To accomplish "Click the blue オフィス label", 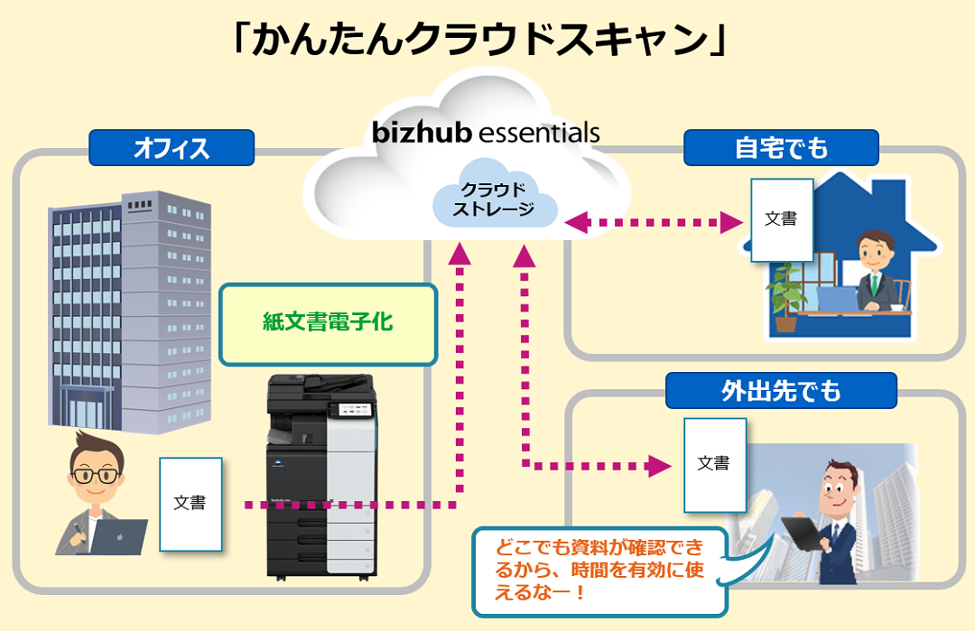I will [171, 148].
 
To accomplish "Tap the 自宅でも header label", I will [781, 148].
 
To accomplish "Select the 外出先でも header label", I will [781, 391].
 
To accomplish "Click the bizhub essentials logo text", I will [486, 133].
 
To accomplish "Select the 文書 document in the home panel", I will [781, 219].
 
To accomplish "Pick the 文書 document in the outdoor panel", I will [714, 464].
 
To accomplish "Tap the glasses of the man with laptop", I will [96, 474].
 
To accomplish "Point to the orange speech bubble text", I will [599, 568].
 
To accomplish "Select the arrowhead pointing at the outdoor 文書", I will [663, 465].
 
